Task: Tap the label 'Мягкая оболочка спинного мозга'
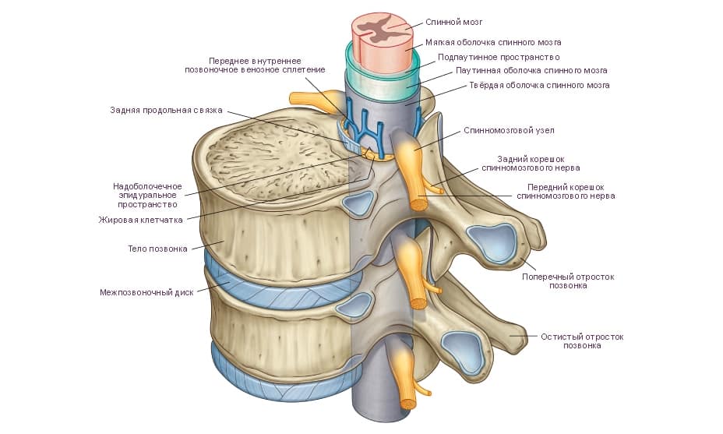click(x=493, y=42)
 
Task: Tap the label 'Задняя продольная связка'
click(x=166, y=111)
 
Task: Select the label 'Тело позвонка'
click(x=157, y=249)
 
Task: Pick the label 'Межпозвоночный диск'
click(x=147, y=293)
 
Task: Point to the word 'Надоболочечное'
click(x=147, y=186)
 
